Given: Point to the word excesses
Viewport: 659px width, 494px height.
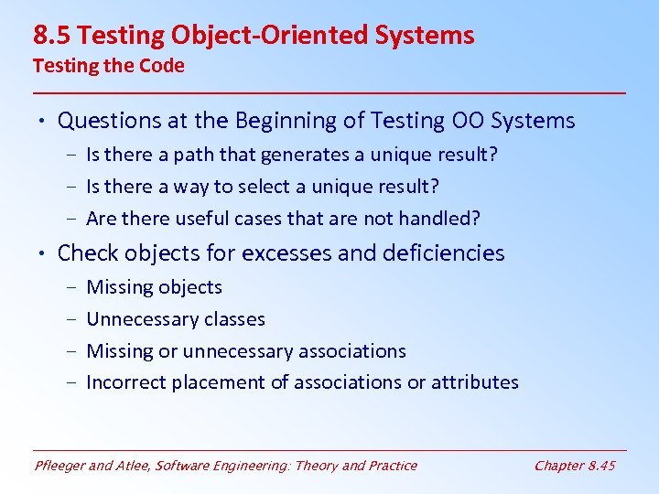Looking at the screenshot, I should click(292, 253).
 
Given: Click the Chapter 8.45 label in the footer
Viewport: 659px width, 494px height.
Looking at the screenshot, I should click(575, 466).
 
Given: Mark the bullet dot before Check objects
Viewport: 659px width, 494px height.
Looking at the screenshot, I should click(43, 253).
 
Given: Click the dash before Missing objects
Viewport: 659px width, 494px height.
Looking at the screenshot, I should click(72, 287).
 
